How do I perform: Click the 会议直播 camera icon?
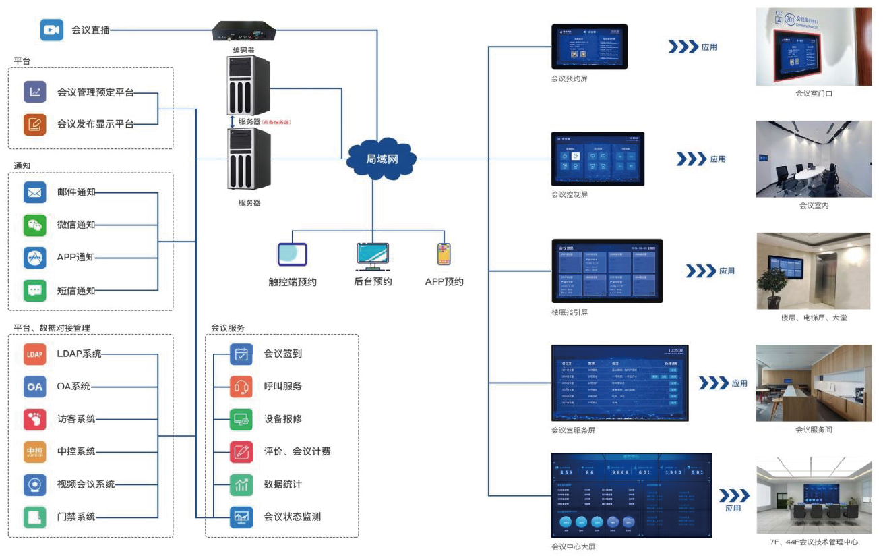[51, 30]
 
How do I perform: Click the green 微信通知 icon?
[34, 225]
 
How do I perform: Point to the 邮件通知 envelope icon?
[34, 192]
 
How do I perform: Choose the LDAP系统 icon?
[34, 354]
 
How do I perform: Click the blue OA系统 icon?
[34, 387]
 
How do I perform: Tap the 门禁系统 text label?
[76, 517]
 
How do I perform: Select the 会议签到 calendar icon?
[241, 354]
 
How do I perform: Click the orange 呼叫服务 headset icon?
[241, 387]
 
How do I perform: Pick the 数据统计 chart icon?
[241, 484]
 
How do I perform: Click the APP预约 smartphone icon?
[444, 255]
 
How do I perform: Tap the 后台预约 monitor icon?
[373, 256]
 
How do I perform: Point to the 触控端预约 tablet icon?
[292, 254]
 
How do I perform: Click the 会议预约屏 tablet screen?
[589, 47]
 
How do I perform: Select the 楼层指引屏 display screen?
[607, 271]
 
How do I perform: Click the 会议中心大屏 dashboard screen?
[632, 496]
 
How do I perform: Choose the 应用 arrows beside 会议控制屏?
[690, 159]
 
